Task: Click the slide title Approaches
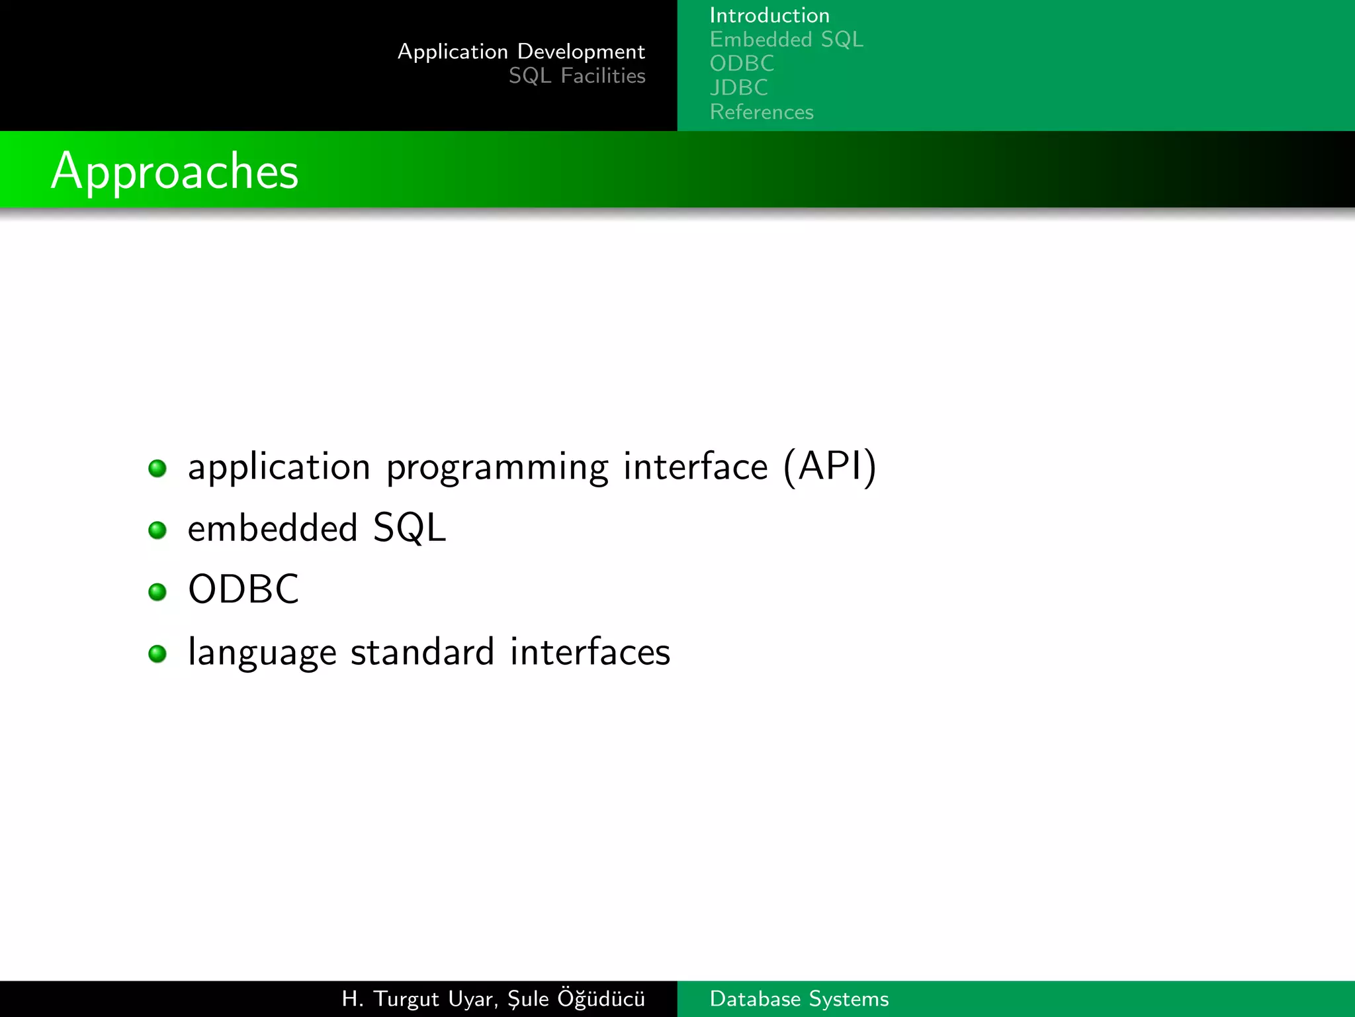coord(175,171)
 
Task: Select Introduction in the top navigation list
coord(769,15)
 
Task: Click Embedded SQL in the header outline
coord(786,40)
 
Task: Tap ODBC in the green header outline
coord(742,64)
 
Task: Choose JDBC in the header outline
coord(738,87)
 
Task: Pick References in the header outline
coord(762,112)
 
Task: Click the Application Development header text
coord(521,52)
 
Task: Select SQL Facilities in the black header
coord(576,76)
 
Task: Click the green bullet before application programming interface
coord(157,469)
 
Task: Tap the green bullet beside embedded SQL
coord(157,530)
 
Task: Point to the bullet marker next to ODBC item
coord(157,591)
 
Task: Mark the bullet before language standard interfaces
coord(157,654)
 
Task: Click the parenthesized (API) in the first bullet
coord(830,466)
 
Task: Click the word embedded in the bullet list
coord(273,528)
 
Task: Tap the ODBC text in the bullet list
coord(243,589)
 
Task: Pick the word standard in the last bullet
coord(422,652)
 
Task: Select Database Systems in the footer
coord(799,998)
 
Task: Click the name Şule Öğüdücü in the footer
coord(576,998)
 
